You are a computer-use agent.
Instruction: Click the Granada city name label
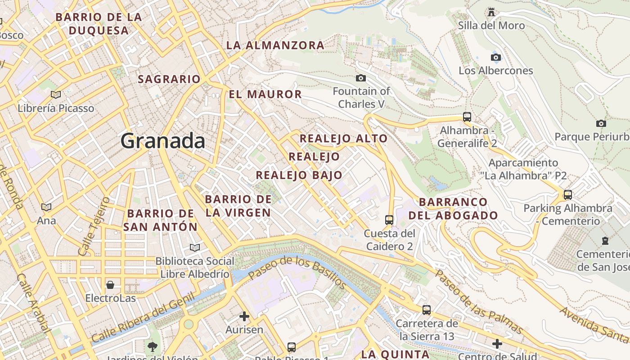tap(163, 141)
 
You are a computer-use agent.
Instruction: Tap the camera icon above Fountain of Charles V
tap(360, 78)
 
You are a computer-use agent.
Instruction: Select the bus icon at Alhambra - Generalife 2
tap(467, 117)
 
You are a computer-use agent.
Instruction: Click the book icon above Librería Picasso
tap(56, 94)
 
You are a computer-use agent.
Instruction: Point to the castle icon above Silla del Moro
tap(491, 12)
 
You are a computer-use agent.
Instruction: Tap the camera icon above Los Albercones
tap(496, 57)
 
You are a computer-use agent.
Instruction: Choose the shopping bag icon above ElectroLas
tap(110, 285)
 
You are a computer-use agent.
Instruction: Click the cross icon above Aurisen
tap(244, 316)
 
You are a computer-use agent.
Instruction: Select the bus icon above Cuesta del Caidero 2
tap(389, 220)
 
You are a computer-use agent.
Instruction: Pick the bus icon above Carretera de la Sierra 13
tap(427, 310)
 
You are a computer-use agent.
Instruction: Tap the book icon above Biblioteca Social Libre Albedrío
tap(194, 247)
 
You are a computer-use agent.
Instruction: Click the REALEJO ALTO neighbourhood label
tap(344, 139)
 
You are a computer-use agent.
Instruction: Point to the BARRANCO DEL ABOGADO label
tap(453, 209)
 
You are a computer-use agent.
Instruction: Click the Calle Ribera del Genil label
tap(143, 317)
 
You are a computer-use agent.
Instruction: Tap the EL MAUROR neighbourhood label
tap(265, 94)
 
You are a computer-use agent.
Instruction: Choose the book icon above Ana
tap(46, 207)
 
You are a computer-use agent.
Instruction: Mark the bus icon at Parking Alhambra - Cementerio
tap(568, 195)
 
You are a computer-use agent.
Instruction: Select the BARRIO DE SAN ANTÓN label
tap(161, 220)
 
